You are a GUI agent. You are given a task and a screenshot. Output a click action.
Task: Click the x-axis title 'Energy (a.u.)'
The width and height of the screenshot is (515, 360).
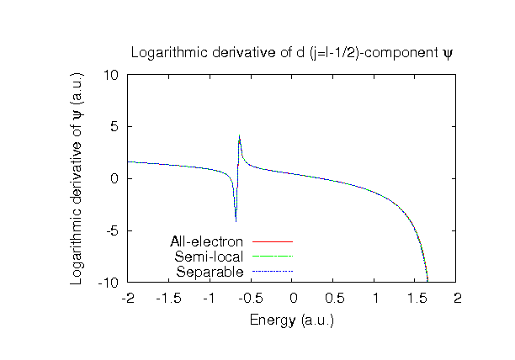tap(292, 320)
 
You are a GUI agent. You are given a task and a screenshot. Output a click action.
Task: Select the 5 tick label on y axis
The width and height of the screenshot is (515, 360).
tap(116, 127)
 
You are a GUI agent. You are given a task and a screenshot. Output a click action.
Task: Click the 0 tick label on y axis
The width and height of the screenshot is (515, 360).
tap(116, 178)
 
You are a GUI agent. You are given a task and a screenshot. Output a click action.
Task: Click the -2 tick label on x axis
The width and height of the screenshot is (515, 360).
tap(128, 299)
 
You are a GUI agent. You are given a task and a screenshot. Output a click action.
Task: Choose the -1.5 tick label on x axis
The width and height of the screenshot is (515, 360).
tap(169, 299)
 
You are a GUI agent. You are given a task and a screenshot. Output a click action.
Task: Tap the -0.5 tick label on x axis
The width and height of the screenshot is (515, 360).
tap(252, 299)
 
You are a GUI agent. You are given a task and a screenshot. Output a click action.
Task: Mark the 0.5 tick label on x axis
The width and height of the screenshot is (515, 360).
tap(334, 299)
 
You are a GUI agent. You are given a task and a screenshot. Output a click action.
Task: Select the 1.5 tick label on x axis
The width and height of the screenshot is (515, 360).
tap(417, 299)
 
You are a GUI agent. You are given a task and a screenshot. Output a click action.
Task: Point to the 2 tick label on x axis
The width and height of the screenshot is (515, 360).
tap(458, 299)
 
